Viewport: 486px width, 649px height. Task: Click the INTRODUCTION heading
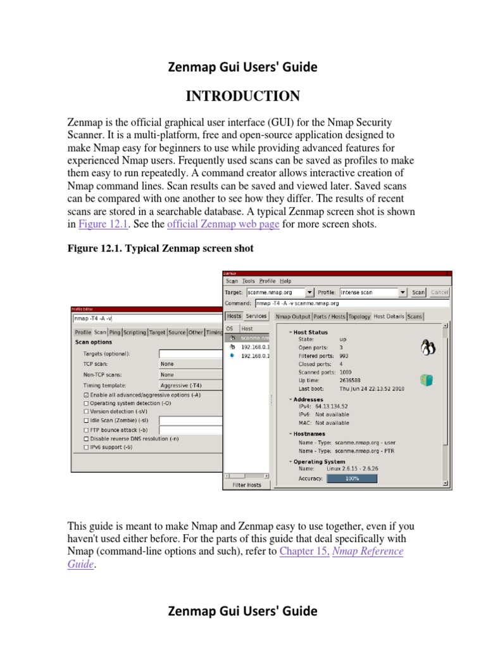tap(242, 96)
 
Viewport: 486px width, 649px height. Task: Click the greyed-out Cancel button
tap(439, 292)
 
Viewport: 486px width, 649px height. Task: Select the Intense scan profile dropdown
tap(373, 292)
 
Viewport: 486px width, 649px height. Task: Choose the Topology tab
tap(359, 316)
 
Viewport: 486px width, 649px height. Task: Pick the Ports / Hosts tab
tap(329, 316)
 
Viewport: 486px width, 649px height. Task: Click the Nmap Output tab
tap(293, 316)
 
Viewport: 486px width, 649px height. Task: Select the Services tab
tap(256, 316)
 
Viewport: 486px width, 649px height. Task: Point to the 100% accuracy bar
tap(352, 479)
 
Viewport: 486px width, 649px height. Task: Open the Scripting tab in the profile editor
tap(134, 332)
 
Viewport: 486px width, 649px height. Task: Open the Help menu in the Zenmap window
tap(285, 281)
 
